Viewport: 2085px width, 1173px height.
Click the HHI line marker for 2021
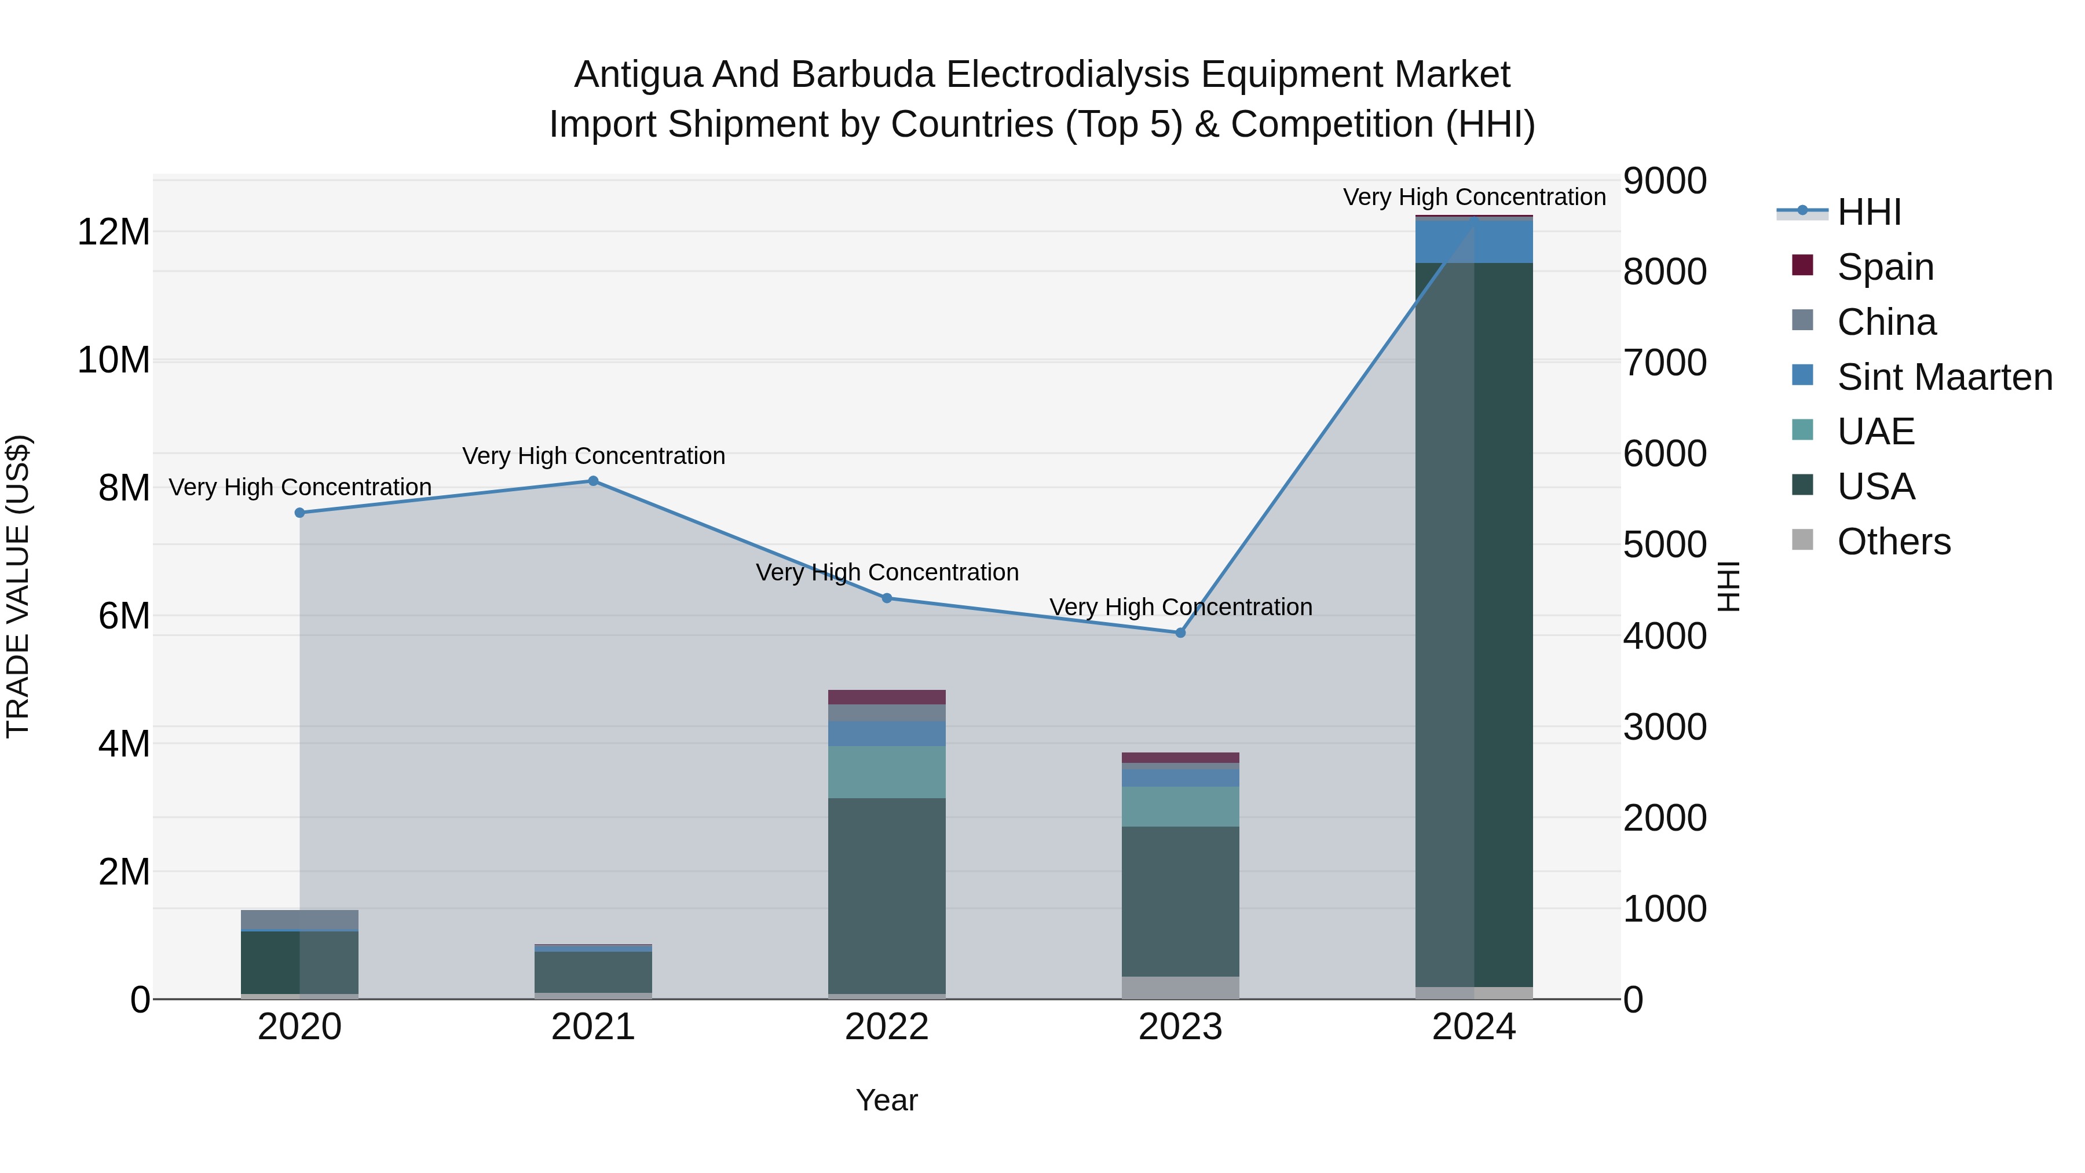pyautogui.click(x=592, y=481)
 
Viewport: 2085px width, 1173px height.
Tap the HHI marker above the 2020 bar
pyautogui.click(x=299, y=513)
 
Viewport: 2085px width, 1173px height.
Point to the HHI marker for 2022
pyautogui.click(x=886, y=598)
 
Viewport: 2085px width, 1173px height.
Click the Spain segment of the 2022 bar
pyautogui.click(x=886, y=697)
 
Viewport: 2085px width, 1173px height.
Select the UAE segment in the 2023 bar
pyautogui.click(x=1180, y=806)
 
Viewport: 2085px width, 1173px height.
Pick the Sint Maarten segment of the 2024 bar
pyautogui.click(x=1474, y=241)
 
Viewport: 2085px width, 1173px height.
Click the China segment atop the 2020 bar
pyautogui.click(x=299, y=920)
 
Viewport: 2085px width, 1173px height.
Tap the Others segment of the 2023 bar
pyautogui.click(x=1180, y=988)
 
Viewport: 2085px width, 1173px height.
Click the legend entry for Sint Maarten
pyautogui.click(x=1944, y=377)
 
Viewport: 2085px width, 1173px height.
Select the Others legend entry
pyautogui.click(x=1893, y=542)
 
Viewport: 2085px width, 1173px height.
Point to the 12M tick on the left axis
pyautogui.click(x=114, y=232)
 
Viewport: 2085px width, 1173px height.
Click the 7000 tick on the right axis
pyautogui.click(x=1664, y=362)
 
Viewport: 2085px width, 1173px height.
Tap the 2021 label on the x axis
pyautogui.click(x=592, y=1027)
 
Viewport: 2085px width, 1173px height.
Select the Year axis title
pyautogui.click(x=886, y=1100)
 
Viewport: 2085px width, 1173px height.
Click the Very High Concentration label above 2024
pyautogui.click(x=1474, y=197)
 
